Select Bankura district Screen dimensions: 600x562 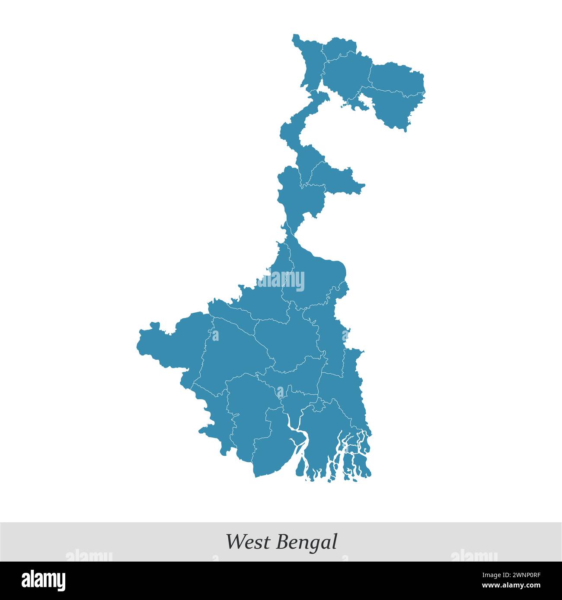(233, 350)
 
